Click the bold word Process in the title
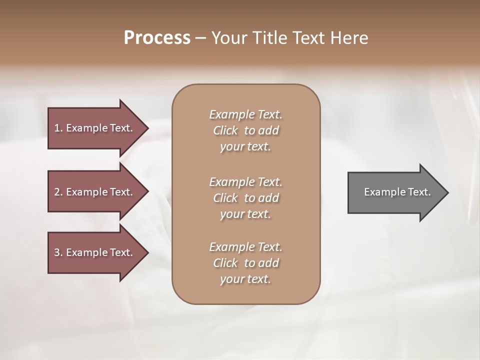click(157, 38)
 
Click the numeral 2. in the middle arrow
click(58, 192)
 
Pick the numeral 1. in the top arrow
click(58, 128)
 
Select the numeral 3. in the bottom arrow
click(58, 252)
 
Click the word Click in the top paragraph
click(225, 131)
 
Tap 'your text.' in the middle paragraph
click(245, 214)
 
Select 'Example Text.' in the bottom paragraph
click(245, 247)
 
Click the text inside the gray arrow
click(397, 192)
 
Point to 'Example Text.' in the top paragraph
click(245, 114)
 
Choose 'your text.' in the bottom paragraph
click(245, 279)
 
